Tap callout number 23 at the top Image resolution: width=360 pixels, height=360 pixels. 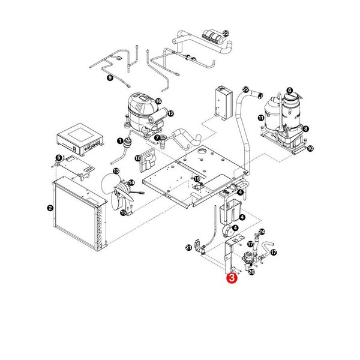pyautogui.click(x=226, y=34)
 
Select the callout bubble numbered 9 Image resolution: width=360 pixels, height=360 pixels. pyautogui.click(x=110, y=78)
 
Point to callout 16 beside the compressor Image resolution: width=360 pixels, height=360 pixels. pyautogui.click(x=158, y=101)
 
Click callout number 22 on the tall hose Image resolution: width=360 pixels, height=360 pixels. pyautogui.click(x=246, y=90)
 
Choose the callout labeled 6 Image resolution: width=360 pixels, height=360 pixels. pyautogui.click(x=289, y=91)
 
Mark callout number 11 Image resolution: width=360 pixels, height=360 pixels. pyautogui.click(x=260, y=119)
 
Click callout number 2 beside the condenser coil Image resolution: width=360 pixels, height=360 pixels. pyautogui.click(x=50, y=208)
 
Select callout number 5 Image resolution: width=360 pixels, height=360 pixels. pyautogui.click(x=58, y=158)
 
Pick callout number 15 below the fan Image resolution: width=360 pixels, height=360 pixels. pyautogui.click(x=123, y=212)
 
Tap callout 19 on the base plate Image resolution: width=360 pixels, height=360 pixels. pyautogui.click(x=197, y=179)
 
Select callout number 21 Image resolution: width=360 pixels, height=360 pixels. pyautogui.click(x=188, y=247)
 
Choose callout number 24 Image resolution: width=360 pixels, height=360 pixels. pyautogui.click(x=262, y=232)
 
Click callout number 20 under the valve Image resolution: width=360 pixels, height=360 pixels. pyautogui.click(x=251, y=271)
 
